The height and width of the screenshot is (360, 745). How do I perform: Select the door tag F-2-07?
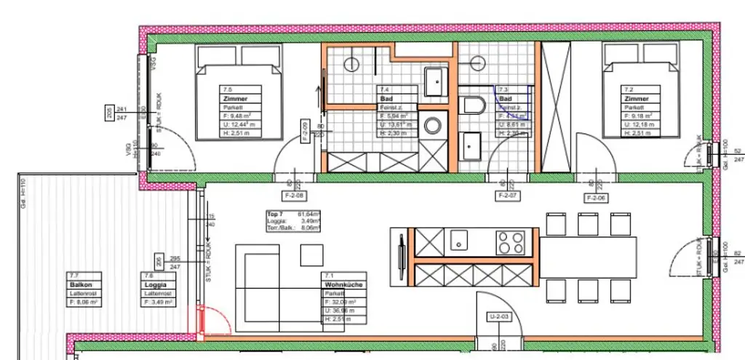(x=506, y=196)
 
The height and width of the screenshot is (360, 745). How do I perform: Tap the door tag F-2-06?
(x=597, y=197)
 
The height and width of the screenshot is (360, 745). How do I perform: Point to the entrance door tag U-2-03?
(x=499, y=316)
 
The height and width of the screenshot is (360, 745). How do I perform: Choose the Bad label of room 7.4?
(x=385, y=97)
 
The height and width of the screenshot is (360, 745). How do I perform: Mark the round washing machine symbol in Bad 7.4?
(x=434, y=126)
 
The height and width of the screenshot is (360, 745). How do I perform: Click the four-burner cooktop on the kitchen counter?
(x=511, y=240)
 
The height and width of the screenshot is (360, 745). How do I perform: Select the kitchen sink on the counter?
(x=459, y=239)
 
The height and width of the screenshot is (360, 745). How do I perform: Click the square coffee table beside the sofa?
(x=311, y=255)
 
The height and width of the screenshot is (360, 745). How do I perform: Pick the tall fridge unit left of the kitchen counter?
(x=402, y=255)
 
